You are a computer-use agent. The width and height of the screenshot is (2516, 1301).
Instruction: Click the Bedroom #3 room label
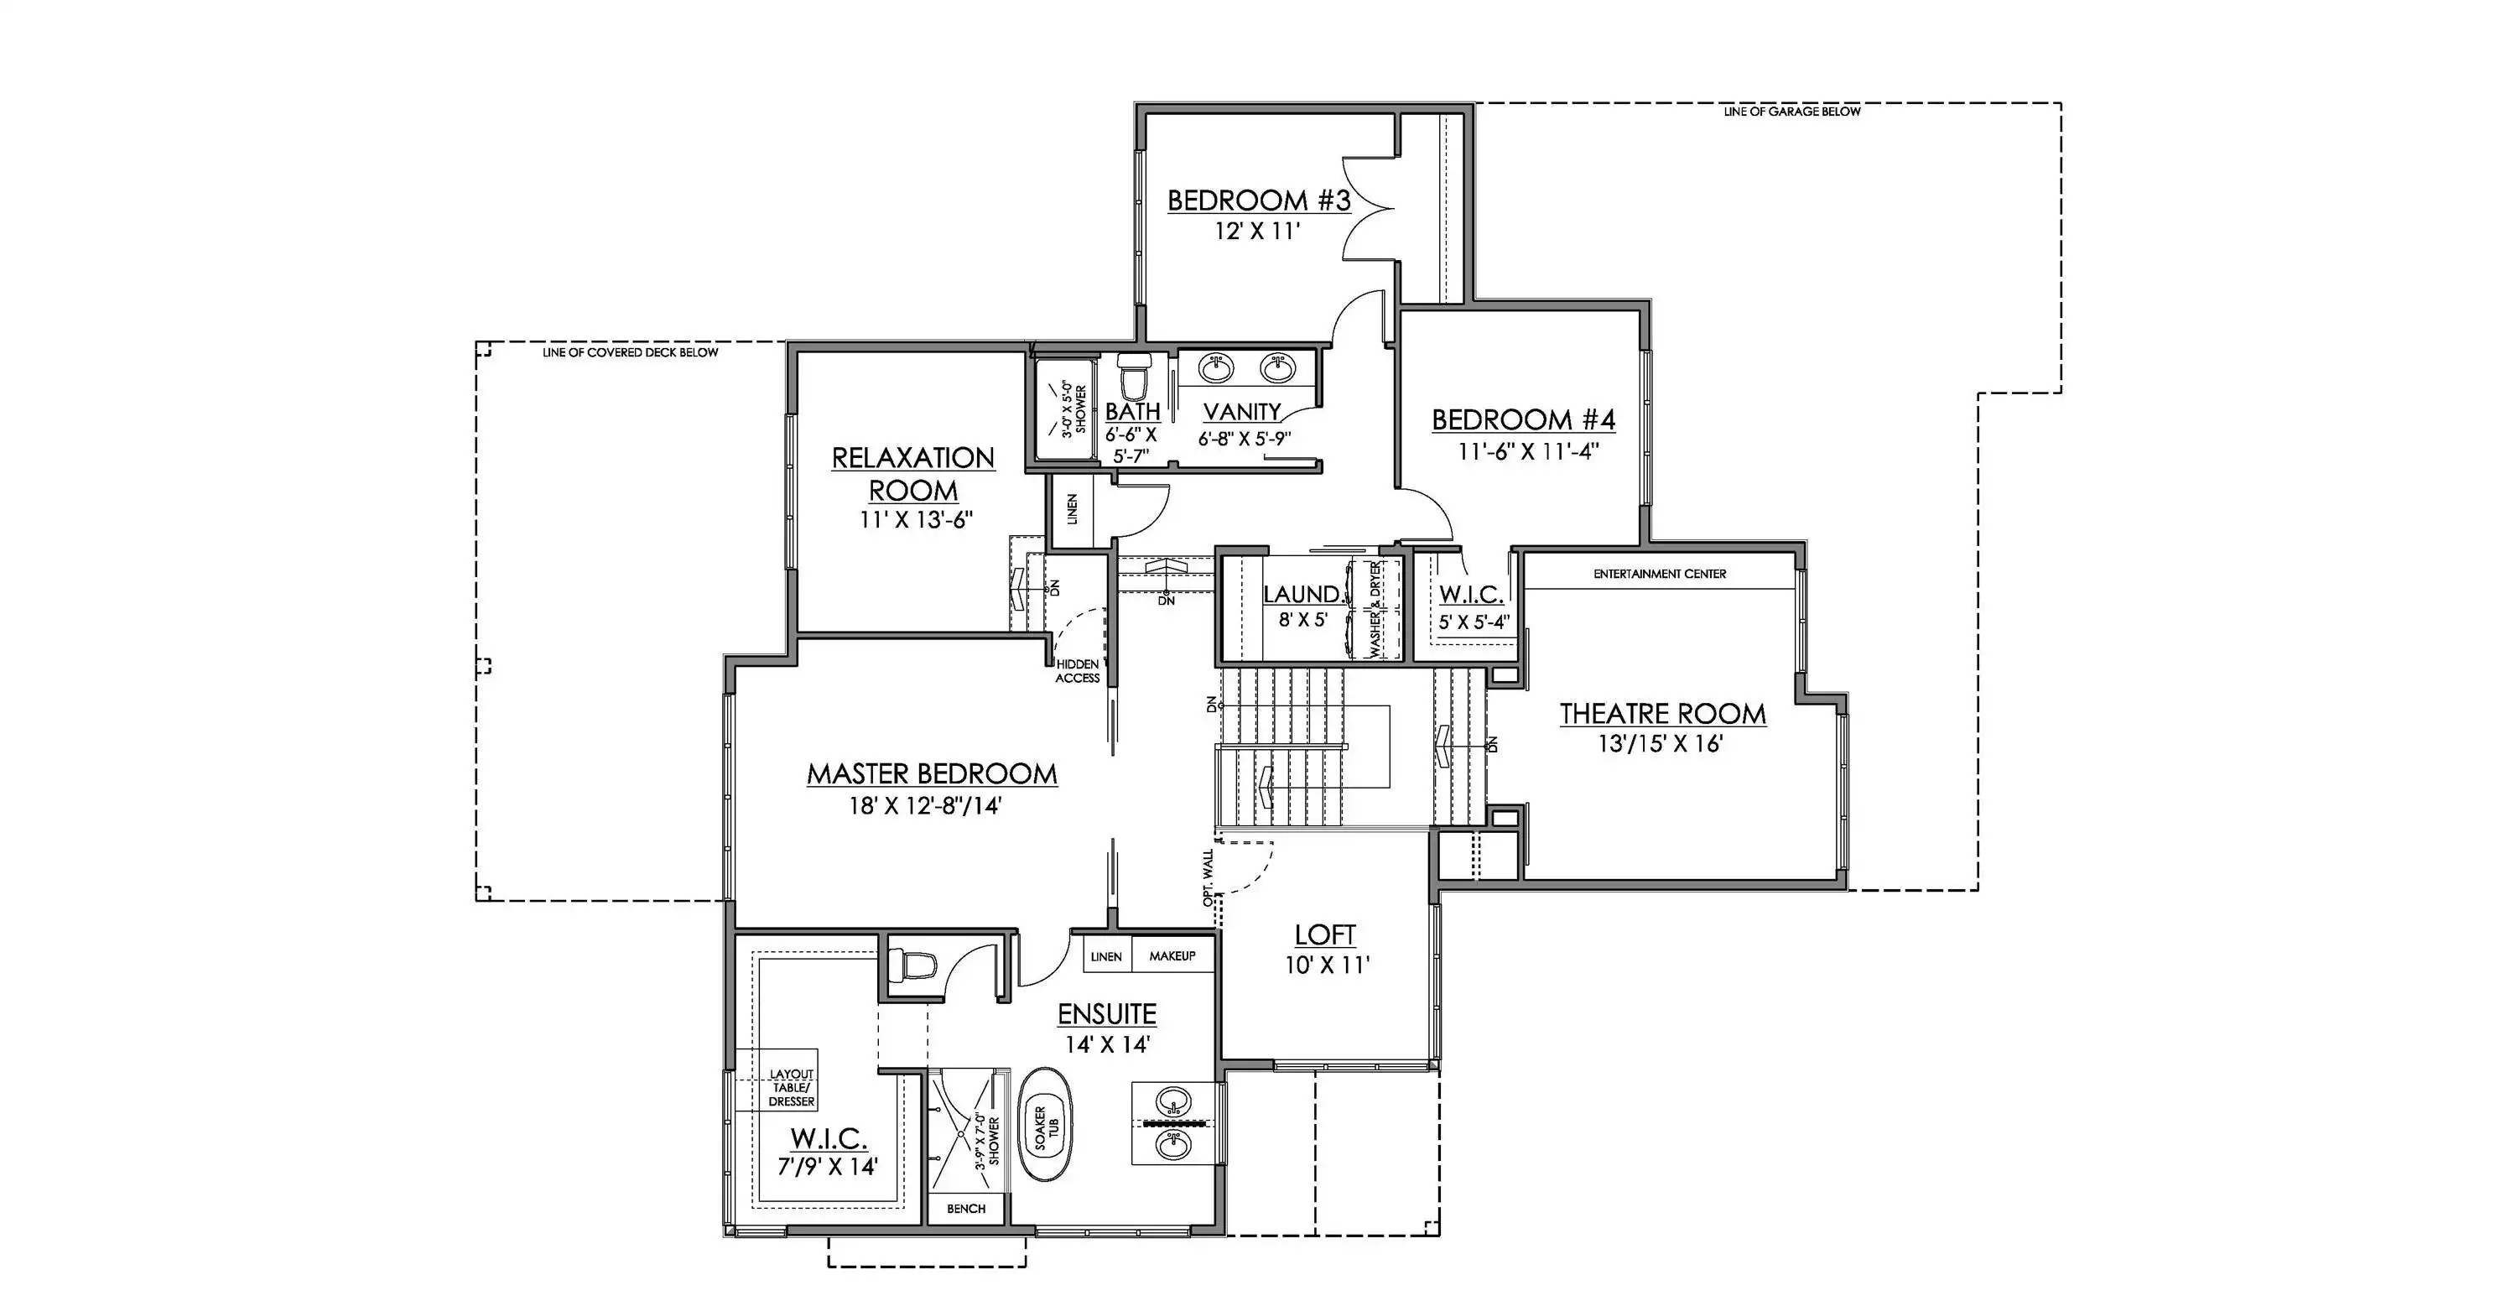point(1259,200)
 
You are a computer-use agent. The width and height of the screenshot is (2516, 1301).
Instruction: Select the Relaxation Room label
point(913,474)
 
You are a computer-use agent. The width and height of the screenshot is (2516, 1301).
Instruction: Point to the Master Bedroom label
point(932,773)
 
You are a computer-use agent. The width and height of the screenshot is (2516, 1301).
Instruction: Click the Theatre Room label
point(1662,714)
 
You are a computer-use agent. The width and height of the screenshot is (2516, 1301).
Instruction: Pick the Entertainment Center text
point(1660,575)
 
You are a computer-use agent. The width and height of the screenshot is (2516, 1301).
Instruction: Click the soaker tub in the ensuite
point(1044,1127)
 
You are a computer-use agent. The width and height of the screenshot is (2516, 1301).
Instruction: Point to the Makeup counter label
point(1172,955)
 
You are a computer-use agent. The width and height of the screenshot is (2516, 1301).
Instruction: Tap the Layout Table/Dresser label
point(791,1088)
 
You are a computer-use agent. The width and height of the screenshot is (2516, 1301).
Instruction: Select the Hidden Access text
point(1078,671)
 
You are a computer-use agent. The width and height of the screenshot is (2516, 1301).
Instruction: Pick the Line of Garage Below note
point(1792,112)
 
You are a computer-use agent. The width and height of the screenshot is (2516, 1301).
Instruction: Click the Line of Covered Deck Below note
point(630,352)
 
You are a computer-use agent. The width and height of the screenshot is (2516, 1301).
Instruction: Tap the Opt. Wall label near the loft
point(1209,877)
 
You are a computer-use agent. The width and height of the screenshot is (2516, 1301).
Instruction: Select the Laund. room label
point(1302,594)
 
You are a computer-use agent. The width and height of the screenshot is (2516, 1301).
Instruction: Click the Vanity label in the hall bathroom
point(1242,412)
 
